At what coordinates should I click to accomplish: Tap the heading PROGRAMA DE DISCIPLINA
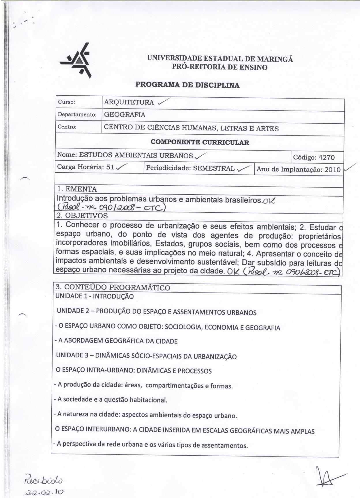click(187, 85)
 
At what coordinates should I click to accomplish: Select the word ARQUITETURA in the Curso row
click(129, 102)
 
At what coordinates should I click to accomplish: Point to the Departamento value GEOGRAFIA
click(125, 115)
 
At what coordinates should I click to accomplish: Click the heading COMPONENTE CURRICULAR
click(200, 142)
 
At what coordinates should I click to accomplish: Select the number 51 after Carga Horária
click(110, 167)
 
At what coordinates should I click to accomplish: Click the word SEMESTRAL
click(214, 168)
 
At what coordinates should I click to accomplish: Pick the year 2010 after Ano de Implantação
click(332, 169)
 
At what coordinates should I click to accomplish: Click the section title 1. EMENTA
click(77, 189)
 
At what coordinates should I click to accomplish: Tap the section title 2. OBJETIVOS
click(82, 216)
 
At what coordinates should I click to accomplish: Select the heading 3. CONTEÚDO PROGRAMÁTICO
click(113, 287)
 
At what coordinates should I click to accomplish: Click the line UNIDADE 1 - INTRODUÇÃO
click(95, 296)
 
